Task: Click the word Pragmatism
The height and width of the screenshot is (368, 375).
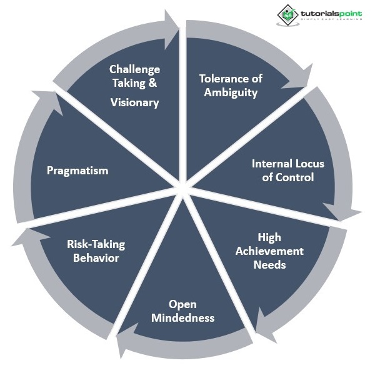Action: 77,171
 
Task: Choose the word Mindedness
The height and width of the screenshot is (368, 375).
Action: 182,318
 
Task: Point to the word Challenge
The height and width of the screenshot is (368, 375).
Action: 134,69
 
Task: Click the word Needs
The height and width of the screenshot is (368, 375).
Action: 269,264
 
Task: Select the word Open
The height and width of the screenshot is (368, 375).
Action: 182,304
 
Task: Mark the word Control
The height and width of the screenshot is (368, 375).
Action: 292,177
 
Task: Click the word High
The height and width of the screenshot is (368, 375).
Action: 269,237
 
